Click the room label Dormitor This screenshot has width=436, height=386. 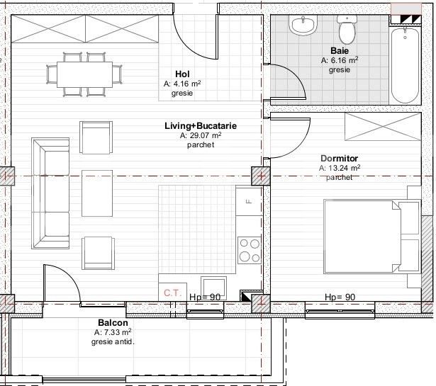(339, 159)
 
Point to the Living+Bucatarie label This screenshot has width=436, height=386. (201, 125)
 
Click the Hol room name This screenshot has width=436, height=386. (182, 74)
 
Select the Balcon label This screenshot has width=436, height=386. (113, 322)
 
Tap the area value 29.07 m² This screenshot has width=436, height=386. (201, 135)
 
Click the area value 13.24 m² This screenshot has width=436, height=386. (340, 169)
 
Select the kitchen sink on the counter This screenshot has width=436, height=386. (213, 285)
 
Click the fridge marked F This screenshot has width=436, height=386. (249, 201)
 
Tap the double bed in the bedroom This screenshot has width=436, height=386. (371, 237)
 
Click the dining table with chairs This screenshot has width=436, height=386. (84, 73)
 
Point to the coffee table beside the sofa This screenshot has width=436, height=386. (97, 192)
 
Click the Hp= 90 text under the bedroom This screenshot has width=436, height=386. (340, 297)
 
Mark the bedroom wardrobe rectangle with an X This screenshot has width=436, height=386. (374, 127)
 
